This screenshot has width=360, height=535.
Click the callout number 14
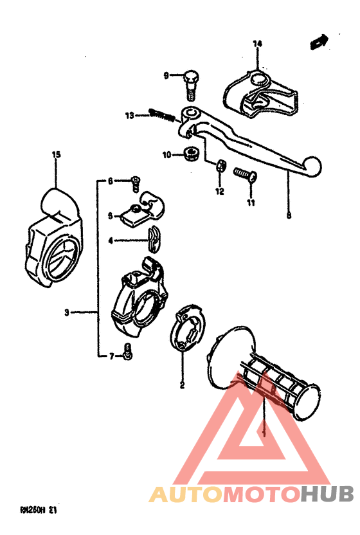257,44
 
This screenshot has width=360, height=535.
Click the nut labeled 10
190,154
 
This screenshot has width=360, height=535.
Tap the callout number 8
289,216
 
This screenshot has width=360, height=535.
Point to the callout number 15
56,154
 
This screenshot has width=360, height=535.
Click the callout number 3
66,313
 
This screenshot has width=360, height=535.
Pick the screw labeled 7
128,352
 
